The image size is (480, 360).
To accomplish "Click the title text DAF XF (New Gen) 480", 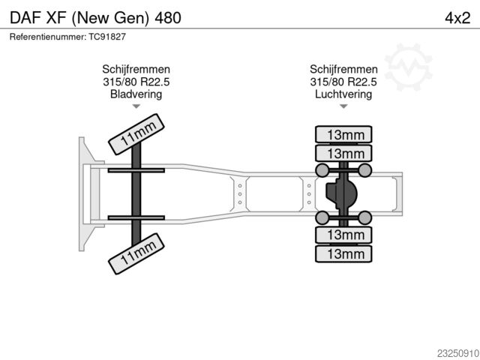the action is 95,18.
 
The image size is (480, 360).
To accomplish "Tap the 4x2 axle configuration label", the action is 457,18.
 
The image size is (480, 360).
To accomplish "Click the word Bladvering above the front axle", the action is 136,94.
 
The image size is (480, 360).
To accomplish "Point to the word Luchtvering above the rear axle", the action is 343,94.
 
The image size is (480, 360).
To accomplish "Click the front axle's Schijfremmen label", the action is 136,69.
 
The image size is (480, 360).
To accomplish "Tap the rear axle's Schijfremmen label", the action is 343,69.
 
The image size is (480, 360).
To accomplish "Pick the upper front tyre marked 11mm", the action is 136,134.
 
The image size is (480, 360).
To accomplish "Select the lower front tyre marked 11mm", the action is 136,253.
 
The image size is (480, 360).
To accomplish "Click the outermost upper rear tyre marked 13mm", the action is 343,134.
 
